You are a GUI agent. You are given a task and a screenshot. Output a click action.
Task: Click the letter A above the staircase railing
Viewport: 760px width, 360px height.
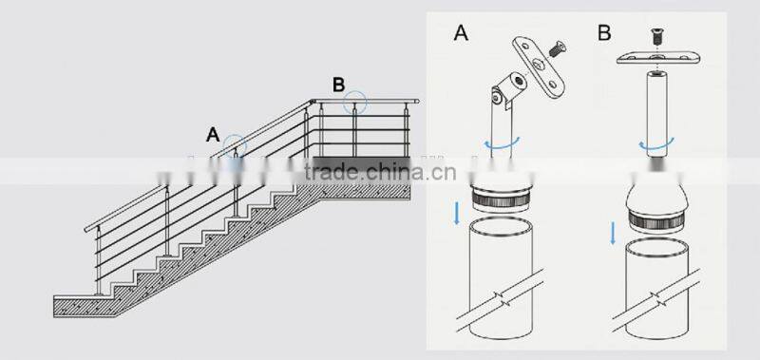point(215,133)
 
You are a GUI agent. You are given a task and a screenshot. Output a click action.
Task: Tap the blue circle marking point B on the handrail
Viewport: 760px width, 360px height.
point(355,100)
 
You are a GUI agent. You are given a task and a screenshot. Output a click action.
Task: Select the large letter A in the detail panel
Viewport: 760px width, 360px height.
point(462,35)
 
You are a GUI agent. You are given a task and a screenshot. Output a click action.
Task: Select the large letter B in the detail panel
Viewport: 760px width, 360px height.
point(604,33)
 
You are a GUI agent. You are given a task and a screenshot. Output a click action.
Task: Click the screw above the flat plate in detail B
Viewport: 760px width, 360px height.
point(655,36)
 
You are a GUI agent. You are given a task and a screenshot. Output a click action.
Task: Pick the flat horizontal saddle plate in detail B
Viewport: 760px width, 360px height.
point(655,60)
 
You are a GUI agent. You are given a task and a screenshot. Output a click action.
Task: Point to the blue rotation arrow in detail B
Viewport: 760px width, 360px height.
point(655,145)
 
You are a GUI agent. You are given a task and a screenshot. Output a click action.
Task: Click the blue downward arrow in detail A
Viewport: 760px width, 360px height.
point(458,212)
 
